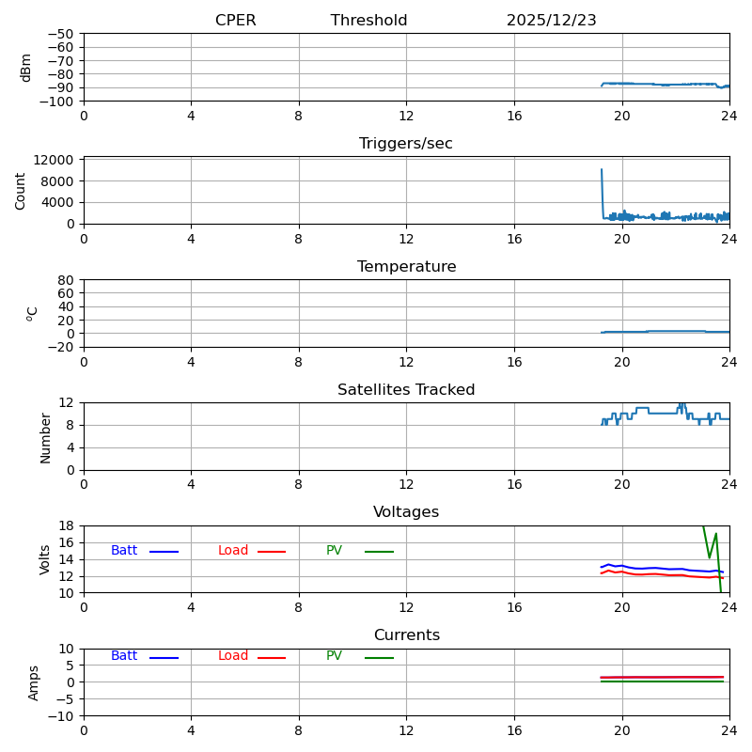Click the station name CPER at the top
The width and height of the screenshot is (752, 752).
click(235, 21)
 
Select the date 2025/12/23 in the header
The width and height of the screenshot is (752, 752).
click(551, 21)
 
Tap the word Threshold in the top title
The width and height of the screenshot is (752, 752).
click(368, 21)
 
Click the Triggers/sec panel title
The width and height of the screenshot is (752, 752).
click(406, 144)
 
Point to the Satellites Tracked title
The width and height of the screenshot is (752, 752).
click(406, 390)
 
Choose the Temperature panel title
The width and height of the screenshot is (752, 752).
click(406, 267)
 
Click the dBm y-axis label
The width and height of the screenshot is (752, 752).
click(26, 68)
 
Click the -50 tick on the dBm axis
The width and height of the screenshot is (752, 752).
click(61, 34)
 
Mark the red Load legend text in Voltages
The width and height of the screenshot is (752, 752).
click(233, 551)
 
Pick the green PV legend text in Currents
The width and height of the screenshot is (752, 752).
click(334, 656)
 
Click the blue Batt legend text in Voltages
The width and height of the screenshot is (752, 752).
click(124, 551)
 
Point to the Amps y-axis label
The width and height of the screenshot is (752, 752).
click(34, 682)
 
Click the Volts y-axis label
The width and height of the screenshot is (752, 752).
click(45, 559)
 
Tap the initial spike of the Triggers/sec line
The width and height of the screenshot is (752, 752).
click(602, 171)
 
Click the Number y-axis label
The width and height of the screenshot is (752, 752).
click(45, 437)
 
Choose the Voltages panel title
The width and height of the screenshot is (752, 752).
click(406, 512)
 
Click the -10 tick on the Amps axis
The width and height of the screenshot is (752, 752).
click(61, 716)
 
